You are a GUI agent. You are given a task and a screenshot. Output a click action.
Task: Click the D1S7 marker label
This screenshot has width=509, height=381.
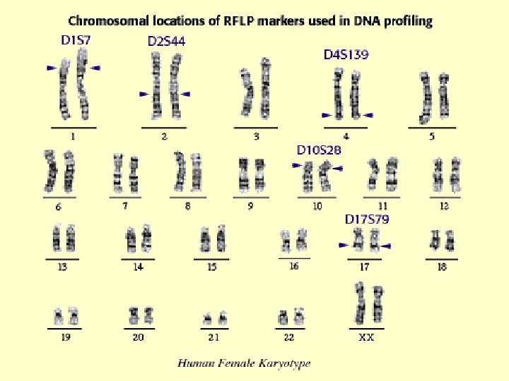[76, 40]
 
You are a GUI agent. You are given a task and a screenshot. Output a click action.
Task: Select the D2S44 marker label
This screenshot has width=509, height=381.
[166, 42]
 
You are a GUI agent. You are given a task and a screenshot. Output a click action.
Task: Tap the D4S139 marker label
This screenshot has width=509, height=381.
[346, 54]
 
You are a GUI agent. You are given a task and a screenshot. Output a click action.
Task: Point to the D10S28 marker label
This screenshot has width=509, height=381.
[319, 150]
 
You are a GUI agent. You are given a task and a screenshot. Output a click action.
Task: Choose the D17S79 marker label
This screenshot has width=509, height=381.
[367, 219]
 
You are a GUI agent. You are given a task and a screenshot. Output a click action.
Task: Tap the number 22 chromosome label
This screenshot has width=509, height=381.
[288, 338]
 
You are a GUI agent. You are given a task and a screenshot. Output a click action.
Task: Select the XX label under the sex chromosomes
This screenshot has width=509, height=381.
[366, 338]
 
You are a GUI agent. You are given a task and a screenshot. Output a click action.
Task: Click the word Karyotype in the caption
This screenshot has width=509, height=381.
[286, 364]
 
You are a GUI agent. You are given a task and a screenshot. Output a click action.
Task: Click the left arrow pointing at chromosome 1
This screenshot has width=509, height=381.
[52, 68]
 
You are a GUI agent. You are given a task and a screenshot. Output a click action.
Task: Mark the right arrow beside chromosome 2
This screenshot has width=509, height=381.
[186, 94]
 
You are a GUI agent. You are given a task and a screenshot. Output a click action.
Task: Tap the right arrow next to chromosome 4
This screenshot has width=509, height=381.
[367, 115]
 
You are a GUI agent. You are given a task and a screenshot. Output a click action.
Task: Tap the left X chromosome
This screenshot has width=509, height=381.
[360, 303]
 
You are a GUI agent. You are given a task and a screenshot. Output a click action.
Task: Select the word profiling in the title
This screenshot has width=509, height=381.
[407, 21]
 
